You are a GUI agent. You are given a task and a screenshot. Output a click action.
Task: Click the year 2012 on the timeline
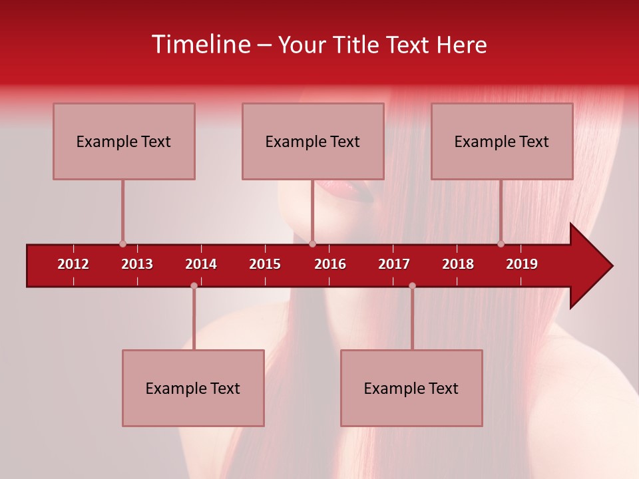73,264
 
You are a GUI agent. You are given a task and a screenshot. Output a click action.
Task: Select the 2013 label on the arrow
137,264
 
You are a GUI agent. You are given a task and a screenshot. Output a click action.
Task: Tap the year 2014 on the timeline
201,264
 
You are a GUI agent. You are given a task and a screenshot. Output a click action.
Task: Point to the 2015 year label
265,264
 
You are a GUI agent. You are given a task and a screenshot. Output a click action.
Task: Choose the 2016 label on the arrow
330,264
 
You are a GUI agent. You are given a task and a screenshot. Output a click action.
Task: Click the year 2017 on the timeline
394,264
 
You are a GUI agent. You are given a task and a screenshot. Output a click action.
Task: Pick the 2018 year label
458,264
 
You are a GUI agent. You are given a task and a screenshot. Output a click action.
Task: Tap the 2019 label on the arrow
522,264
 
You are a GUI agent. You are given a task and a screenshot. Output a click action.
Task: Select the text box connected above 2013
124,141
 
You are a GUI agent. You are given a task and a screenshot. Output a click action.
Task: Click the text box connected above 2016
313,141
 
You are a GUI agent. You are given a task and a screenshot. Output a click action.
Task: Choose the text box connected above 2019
502,141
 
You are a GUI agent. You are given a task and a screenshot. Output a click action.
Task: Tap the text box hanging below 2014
193,388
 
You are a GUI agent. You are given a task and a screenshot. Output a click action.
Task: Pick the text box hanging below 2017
411,388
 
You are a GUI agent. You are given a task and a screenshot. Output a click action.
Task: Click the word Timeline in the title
200,45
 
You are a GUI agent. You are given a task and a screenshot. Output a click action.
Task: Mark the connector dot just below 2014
194,285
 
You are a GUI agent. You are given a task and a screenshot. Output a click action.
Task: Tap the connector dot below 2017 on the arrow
412,285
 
